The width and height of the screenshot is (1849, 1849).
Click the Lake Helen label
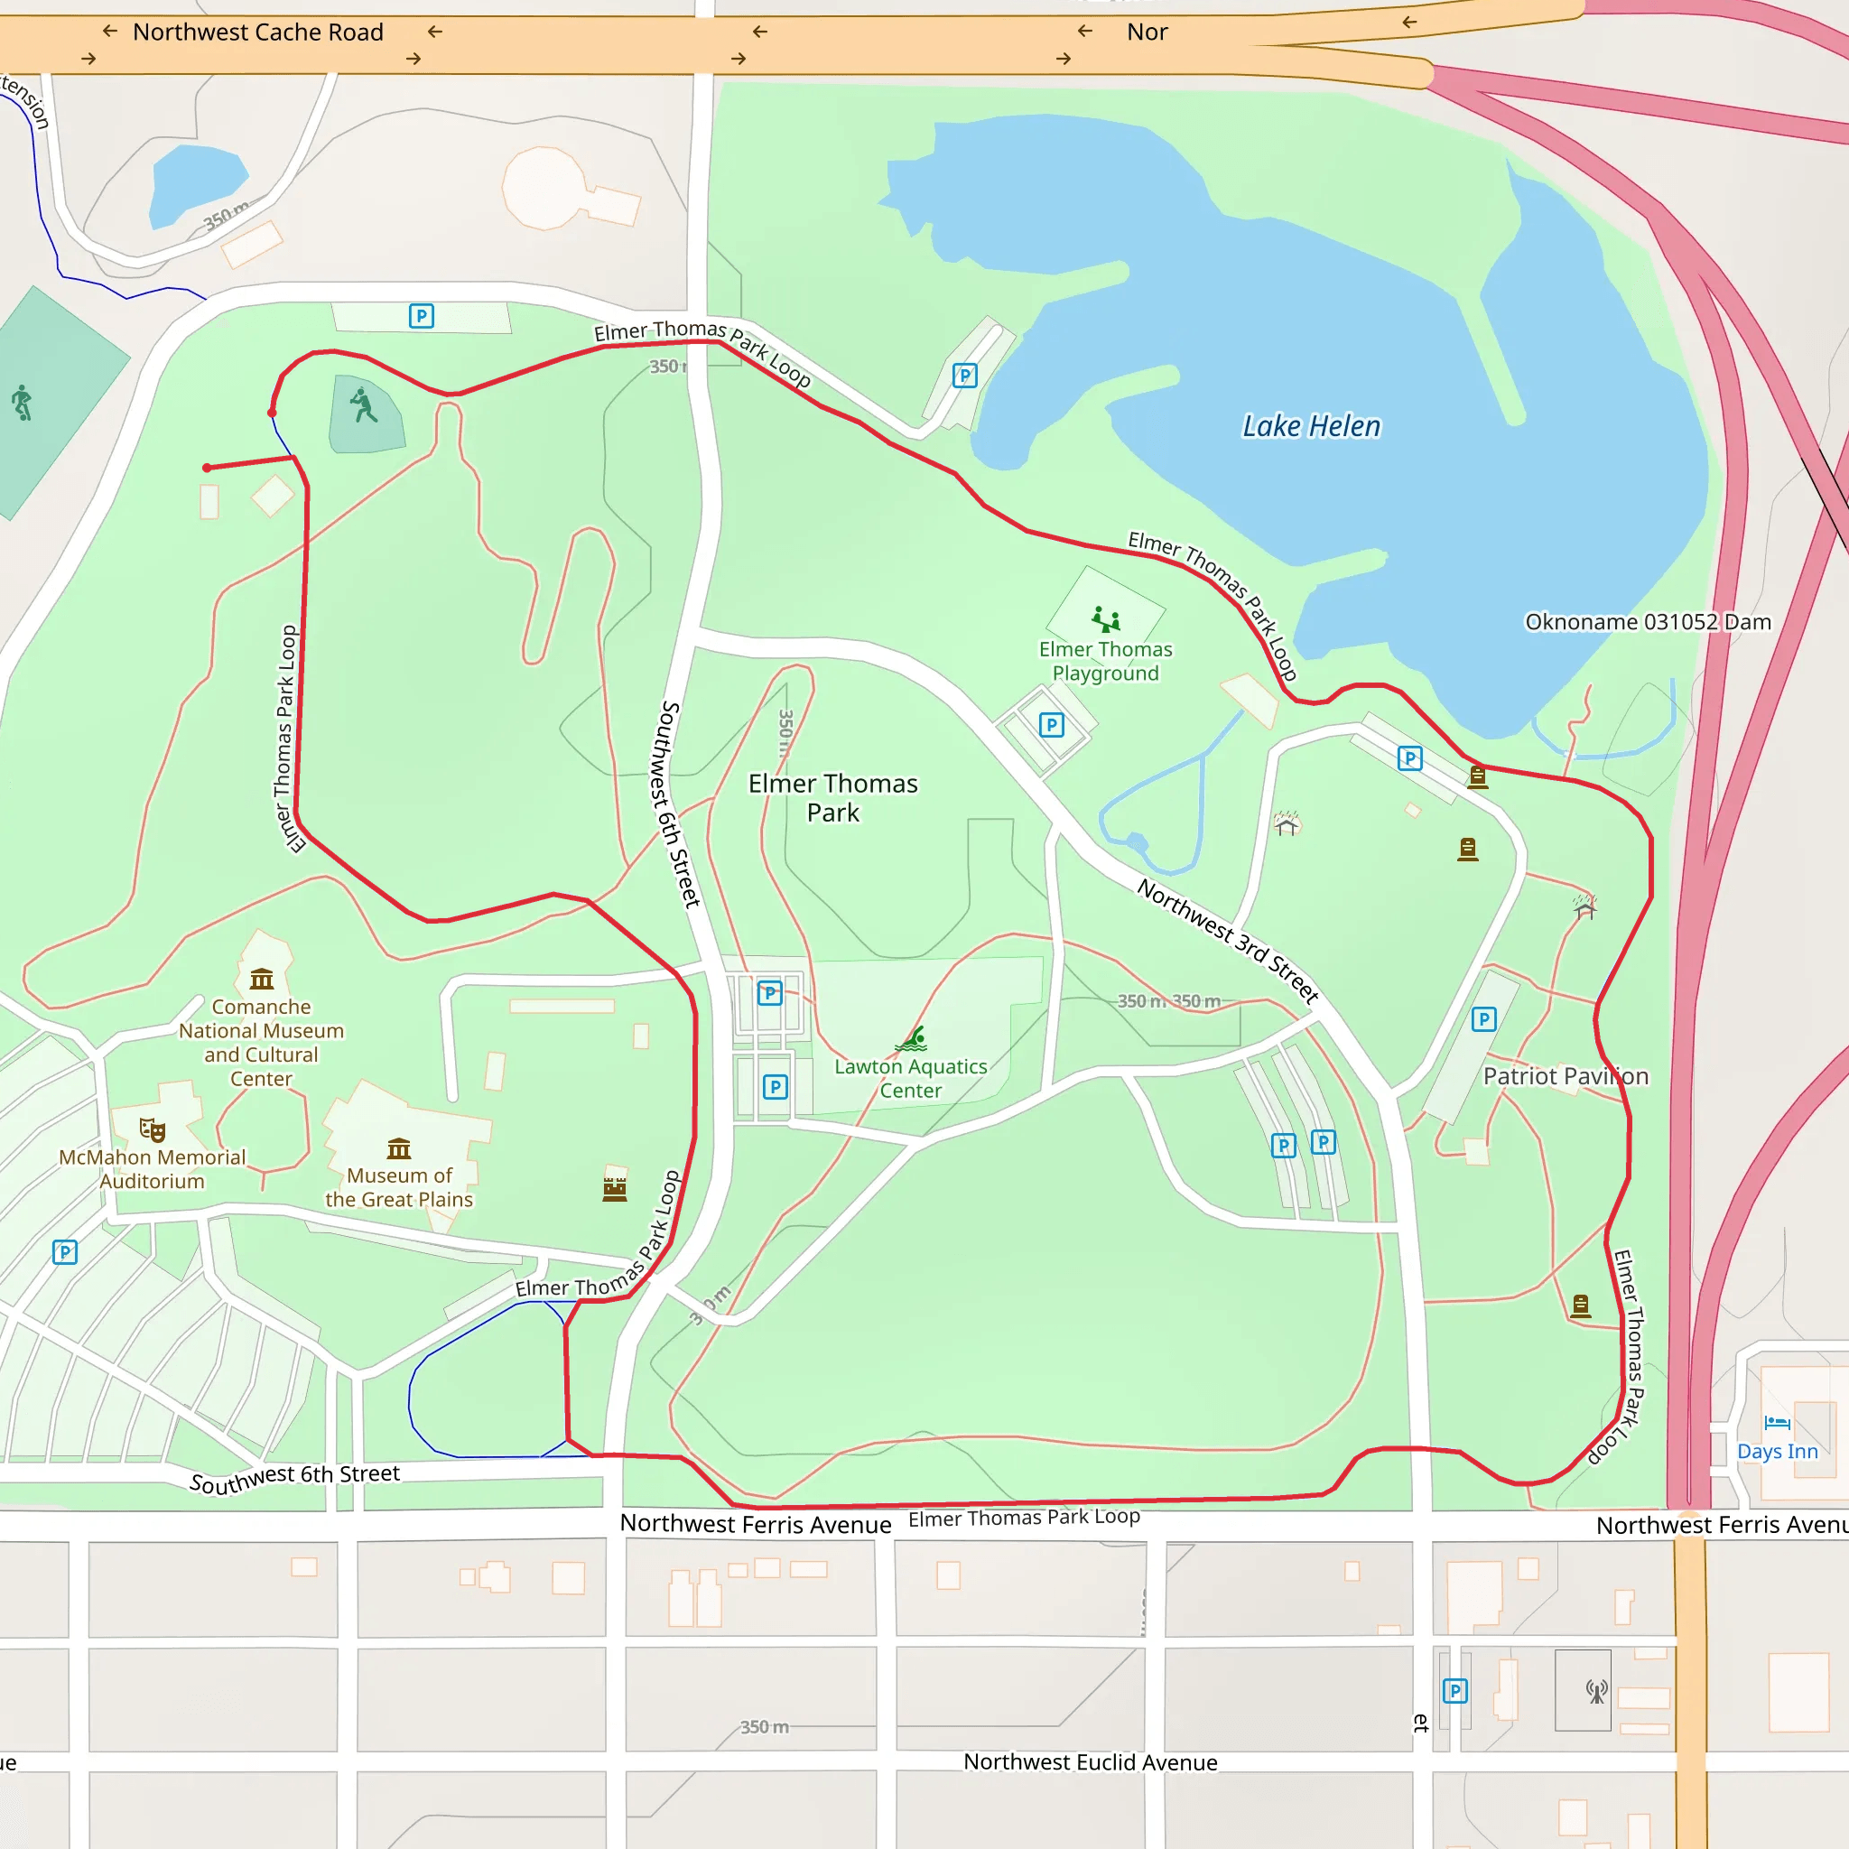coord(1311,426)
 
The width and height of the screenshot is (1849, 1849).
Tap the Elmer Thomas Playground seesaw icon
coord(1106,619)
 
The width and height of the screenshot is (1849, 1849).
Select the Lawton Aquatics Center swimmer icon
coord(912,1039)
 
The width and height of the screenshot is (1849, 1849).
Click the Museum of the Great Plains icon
coord(399,1148)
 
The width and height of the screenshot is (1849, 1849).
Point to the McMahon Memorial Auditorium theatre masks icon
coord(153,1129)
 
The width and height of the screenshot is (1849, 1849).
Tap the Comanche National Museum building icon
coord(261,979)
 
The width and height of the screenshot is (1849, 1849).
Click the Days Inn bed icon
coord(1777,1423)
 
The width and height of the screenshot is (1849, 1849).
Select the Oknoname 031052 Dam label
coord(1647,622)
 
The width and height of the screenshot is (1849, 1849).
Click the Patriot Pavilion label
coord(1565,1077)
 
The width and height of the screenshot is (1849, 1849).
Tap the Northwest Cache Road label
coord(257,33)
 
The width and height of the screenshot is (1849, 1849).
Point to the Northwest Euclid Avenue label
coord(1090,1762)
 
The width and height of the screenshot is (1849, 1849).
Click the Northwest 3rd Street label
coord(1228,941)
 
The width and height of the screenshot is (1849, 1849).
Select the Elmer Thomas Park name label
coord(832,798)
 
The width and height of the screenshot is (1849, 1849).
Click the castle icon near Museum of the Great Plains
coord(615,1188)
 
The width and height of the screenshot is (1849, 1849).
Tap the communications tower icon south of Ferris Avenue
coord(1596,1691)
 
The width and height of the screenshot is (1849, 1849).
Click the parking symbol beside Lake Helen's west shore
coord(965,376)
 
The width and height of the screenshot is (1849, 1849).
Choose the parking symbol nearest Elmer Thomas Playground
coord(1052,724)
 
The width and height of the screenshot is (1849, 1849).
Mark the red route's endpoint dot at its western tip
coord(207,468)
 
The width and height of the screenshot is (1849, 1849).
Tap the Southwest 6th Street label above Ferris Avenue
coord(293,1478)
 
